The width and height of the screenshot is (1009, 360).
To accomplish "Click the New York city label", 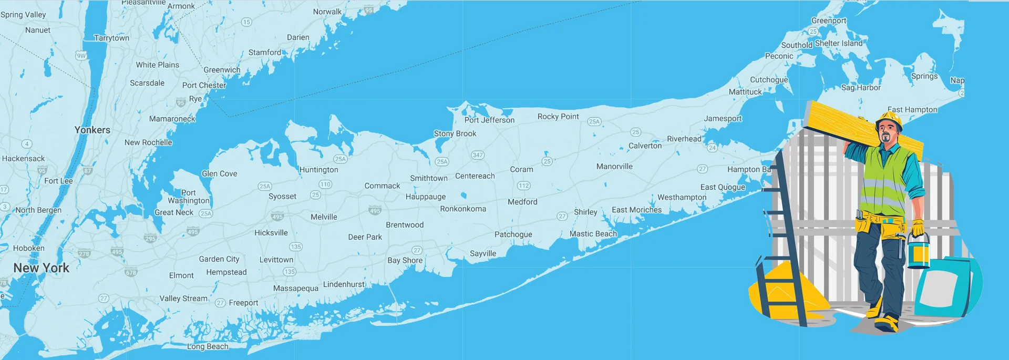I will point(41,268).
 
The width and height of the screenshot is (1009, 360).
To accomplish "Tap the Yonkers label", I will point(92,130).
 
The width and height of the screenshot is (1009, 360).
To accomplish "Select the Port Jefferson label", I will point(489,120).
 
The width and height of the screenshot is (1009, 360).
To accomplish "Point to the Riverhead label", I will point(684,139).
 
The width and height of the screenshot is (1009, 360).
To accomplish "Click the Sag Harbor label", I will point(861,88).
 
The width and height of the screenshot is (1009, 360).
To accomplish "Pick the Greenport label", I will point(829,20).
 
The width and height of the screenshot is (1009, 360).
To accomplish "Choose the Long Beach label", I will point(208,346).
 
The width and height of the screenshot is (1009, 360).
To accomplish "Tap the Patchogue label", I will point(513,234).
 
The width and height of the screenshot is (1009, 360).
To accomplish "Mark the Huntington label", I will point(318,170).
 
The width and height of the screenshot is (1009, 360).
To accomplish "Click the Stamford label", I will point(264,53).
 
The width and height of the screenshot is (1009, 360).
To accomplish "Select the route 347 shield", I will point(477,155).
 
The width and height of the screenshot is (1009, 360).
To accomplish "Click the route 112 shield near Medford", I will point(523,186).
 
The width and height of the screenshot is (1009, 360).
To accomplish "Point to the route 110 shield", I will point(325,184).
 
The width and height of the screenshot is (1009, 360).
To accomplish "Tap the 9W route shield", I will point(81,56).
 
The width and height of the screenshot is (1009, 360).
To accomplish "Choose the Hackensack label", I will point(23,158).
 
